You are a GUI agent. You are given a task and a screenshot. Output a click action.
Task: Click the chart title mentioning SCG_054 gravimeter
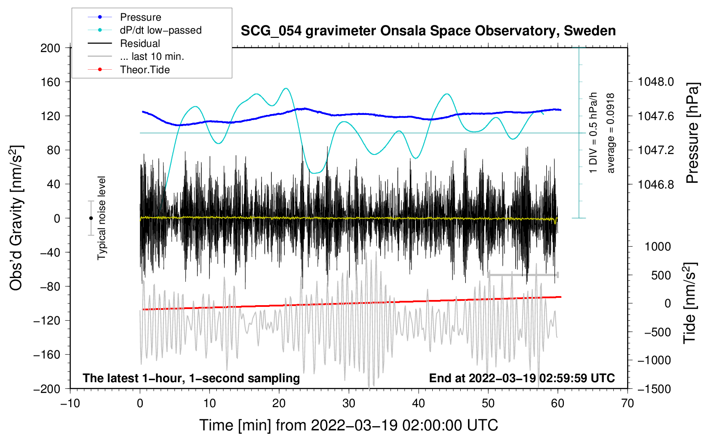pyautogui.click(x=428, y=31)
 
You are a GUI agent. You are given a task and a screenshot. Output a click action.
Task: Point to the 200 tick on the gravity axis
pyautogui.click(x=50, y=48)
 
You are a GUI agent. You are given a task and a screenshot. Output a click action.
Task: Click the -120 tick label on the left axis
pyautogui.click(x=47, y=321)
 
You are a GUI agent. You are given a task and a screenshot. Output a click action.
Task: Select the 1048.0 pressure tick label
pyautogui.click(x=656, y=82)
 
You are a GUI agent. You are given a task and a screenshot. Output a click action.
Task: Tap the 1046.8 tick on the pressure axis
pyautogui.click(x=656, y=184)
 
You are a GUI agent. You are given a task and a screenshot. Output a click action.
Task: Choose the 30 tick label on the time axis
pyautogui.click(x=349, y=404)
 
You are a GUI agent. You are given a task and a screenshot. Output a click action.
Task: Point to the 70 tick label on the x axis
pyautogui.click(x=627, y=404)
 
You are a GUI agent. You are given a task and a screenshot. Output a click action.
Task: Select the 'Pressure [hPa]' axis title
pyautogui.click(x=692, y=133)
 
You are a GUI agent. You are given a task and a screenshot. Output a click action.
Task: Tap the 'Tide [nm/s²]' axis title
pyautogui.click(x=690, y=303)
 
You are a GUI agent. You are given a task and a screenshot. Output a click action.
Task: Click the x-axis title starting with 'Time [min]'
pyautogui.click(x=349, y=425)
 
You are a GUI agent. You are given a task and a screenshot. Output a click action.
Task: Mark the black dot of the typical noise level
pyautogui.click(x=91, y=218)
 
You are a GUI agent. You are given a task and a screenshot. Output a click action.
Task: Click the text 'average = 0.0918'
pyautogui.click(x=610, y=133)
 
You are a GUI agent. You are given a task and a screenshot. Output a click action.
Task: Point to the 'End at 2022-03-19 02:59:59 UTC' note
pyautogui.click(x=522, y=378)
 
